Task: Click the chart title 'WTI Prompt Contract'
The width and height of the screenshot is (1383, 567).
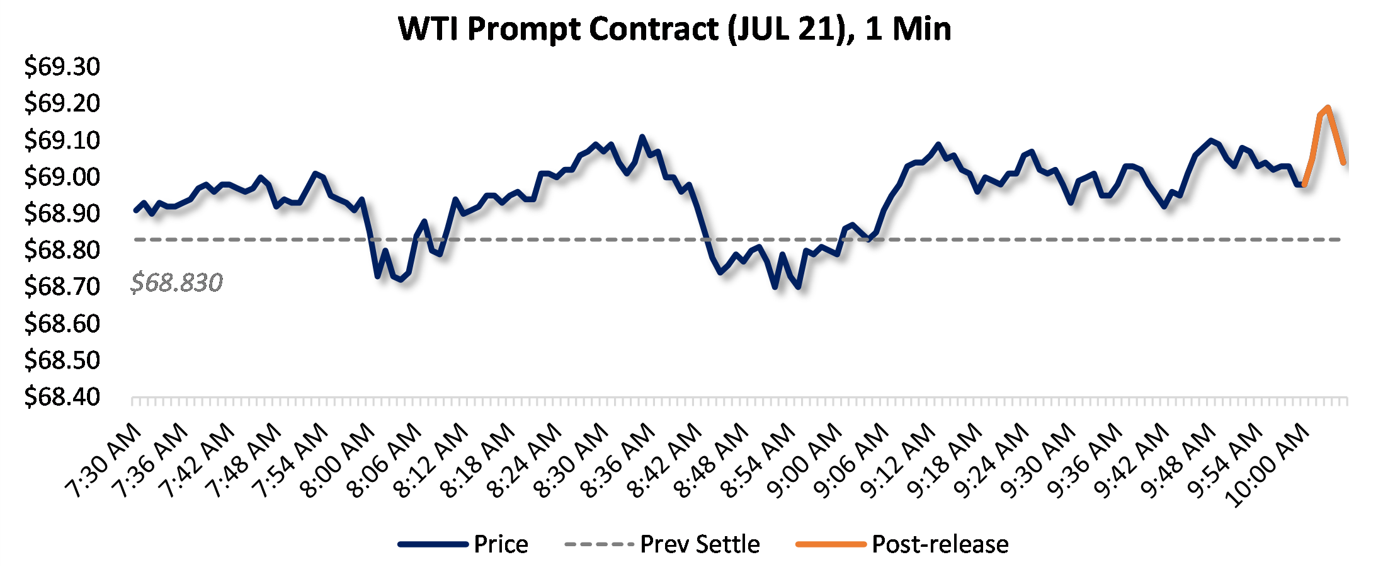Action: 558,29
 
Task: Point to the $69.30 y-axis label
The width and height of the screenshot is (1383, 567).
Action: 62,66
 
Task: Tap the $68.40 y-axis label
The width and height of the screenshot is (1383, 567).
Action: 62,397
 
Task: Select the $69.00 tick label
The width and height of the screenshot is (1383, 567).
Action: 62,176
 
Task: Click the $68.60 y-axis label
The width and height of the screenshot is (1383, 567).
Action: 62,323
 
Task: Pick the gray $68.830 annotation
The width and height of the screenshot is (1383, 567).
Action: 176,282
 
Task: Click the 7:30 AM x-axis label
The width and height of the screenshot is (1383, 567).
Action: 105,460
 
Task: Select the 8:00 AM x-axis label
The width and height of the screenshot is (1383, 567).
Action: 338,460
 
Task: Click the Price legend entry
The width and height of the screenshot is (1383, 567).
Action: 501,544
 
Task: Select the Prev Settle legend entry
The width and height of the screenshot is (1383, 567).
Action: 700,544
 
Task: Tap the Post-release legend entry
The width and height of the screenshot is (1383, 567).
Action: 940,544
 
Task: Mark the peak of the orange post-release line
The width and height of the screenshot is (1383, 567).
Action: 1328,107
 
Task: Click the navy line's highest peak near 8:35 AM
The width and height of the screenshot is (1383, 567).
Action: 642,136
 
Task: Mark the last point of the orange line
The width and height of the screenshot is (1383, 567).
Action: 1344,163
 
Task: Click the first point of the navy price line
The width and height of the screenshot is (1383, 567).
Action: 135,210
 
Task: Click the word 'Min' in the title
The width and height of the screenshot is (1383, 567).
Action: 922,29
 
